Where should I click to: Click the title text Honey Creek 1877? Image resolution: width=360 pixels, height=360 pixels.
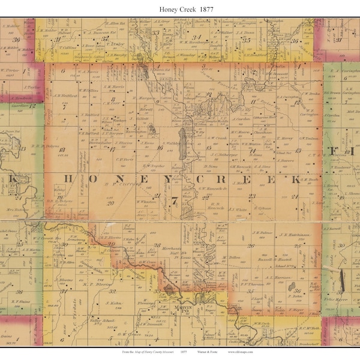pyautogui.click(x=179, y=9)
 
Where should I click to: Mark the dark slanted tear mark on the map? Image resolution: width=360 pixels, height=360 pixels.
pyautogui.click(x=343, y=278)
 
